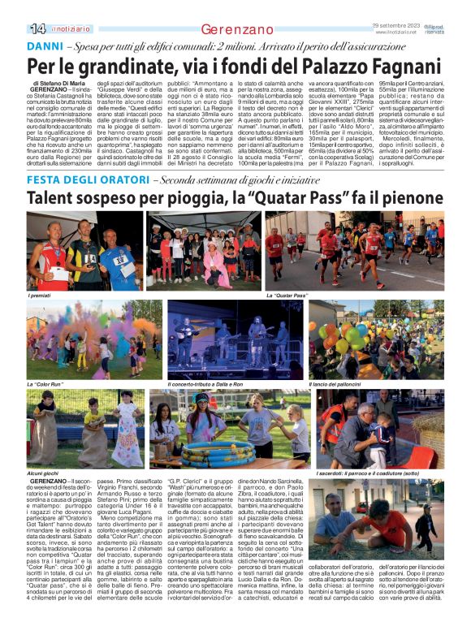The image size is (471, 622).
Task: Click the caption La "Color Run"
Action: [x=46, y=383]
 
